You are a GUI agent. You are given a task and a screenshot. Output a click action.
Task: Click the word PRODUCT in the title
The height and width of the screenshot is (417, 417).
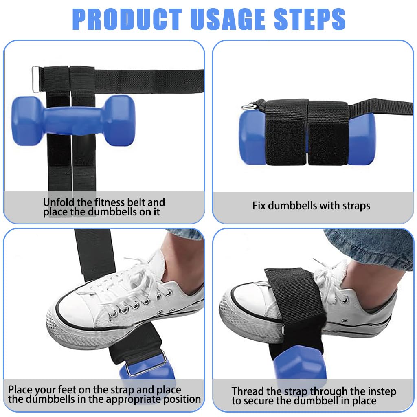point(127,19)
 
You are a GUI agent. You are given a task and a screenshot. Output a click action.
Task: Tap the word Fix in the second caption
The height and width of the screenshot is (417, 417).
point(259,206)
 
